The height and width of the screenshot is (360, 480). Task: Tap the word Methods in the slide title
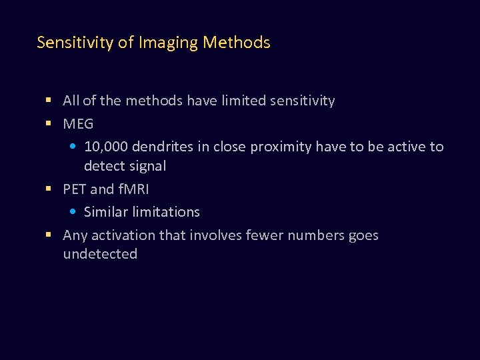[237, 43]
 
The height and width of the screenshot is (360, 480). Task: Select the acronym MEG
[78, 124]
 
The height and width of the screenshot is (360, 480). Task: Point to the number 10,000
[107, 147]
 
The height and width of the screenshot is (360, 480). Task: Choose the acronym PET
[75, 189]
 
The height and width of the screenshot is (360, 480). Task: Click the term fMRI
[133, 189]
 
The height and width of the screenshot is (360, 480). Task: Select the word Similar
[106, 212]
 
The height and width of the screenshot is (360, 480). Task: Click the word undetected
[100, 254]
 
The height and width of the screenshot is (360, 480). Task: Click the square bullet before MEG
[49, 124]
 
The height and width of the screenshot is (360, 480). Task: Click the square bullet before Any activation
[49, 235]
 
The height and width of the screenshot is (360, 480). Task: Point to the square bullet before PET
[49, 189]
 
